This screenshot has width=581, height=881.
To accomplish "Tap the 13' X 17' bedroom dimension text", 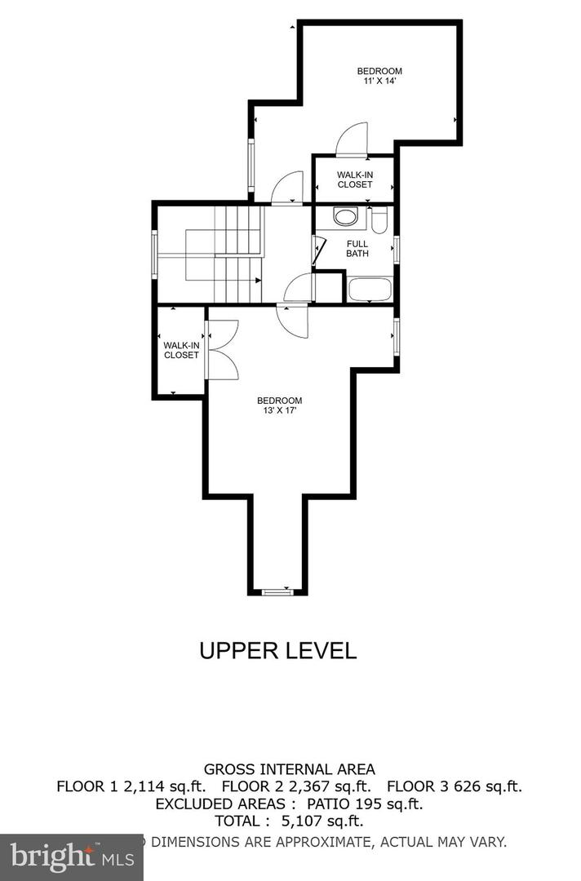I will pos(279,410).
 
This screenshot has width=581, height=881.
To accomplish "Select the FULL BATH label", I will pos(357,249).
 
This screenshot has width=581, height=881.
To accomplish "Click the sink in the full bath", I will pos(346,218).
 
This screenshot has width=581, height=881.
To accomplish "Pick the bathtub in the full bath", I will pos(370,289).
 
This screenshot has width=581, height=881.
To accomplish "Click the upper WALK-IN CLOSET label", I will pos(355,179).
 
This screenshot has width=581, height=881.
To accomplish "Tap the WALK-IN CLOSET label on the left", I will pos(181,350).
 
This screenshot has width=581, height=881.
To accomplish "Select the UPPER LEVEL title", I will pos(278,650).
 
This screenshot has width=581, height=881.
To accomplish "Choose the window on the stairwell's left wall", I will pos(155,255).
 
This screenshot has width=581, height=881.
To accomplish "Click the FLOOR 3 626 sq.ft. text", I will pos(454,786).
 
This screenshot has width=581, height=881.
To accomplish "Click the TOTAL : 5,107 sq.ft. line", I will pos(289,821).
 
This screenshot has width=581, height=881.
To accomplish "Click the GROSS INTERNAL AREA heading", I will pos(289,768).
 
